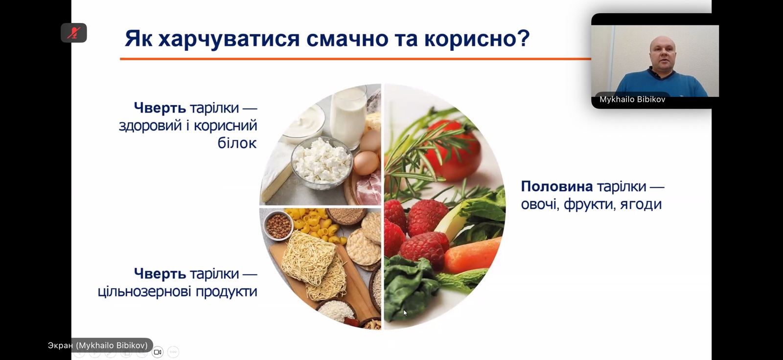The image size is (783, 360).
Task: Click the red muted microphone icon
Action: tap(74, 33)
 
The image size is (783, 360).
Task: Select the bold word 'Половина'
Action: tap(557, 186)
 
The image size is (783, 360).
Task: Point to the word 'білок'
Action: tap(237, 143)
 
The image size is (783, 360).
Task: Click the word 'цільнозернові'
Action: tap(144, 292)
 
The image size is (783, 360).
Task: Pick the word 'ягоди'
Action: tap(641, 204)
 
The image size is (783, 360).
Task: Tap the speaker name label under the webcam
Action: tap(632, 99)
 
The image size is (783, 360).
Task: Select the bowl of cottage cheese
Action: tap(322, 163)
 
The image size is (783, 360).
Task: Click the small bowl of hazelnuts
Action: tap(278, 226)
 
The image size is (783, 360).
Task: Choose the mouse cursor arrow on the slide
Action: tap(405, 313)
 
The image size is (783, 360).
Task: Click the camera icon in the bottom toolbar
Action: tap(158, 352)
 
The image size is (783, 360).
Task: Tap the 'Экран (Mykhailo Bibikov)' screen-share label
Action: tap(98, 345)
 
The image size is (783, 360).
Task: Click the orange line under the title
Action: tap(355, 59)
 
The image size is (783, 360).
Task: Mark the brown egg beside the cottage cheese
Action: tap(367, 163)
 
